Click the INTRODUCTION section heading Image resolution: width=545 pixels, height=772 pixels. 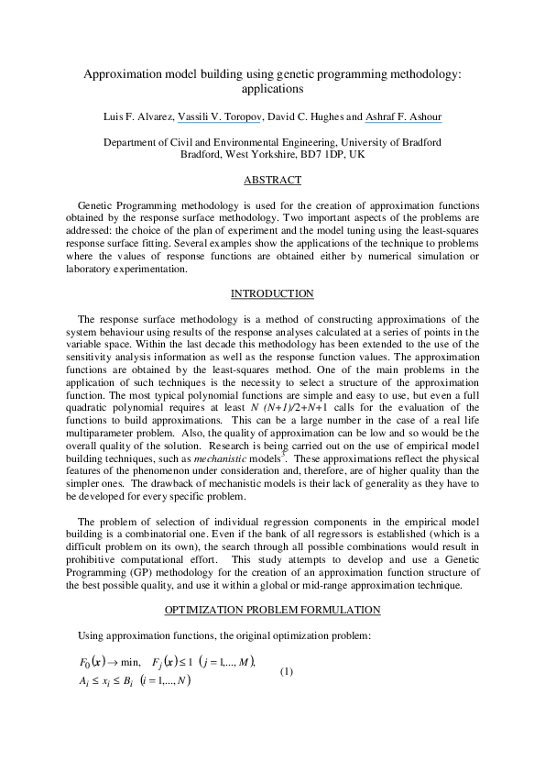272,293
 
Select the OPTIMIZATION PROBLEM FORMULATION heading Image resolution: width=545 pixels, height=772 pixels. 272,609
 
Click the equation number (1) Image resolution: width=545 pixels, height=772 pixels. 287,671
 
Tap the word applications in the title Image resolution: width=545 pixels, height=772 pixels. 272,91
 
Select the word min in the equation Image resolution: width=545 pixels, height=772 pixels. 132,662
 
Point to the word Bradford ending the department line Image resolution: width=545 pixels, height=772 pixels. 418,142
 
